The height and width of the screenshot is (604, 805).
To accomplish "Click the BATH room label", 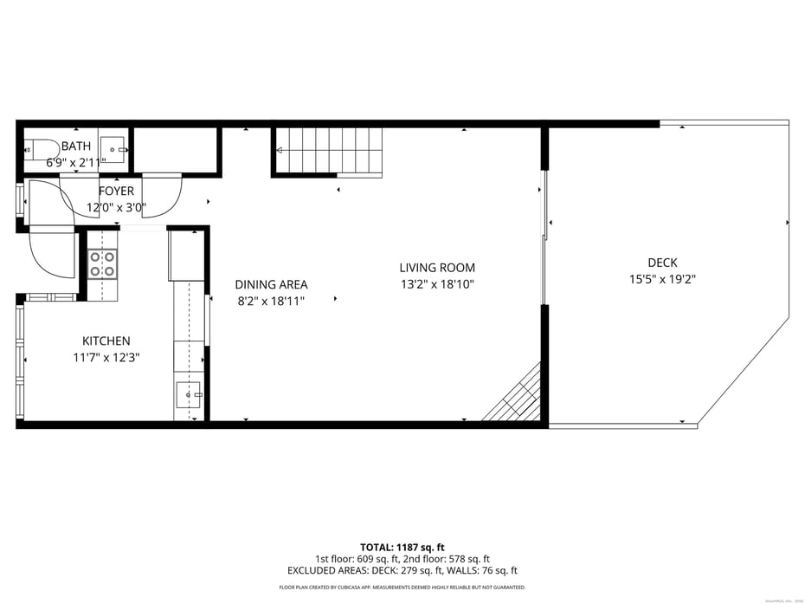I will pos(75,146).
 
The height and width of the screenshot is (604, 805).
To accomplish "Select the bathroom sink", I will pos(113,149).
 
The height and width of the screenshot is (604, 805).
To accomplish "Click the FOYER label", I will pos(116,192).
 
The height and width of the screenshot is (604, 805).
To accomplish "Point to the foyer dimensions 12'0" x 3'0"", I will pos(116,208).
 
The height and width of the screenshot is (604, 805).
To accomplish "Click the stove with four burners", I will pos(102,263).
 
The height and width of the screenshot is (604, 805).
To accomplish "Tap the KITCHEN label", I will pos(106,341).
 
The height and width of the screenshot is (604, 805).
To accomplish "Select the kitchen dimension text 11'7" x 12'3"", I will pos(106,357).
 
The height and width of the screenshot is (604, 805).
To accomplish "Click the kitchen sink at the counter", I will pos(190,395).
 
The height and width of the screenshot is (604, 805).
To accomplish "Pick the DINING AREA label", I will pos(271,284).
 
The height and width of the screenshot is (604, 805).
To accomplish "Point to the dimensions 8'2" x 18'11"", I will pos(271,301).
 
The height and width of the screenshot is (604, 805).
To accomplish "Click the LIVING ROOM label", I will pos(437,268).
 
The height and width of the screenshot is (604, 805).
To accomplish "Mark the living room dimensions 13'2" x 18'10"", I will pos(437,284).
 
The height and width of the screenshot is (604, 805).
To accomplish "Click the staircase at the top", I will pos(329,151).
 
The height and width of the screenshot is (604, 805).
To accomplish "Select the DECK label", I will pos(662,263).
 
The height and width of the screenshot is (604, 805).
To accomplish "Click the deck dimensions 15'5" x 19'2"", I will pos(662,279).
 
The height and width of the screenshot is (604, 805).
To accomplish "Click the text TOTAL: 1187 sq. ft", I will pos(402,547).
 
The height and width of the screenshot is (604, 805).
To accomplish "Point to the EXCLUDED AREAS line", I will pos(402,570).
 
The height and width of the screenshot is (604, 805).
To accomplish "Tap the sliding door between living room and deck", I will pos(544,238).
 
